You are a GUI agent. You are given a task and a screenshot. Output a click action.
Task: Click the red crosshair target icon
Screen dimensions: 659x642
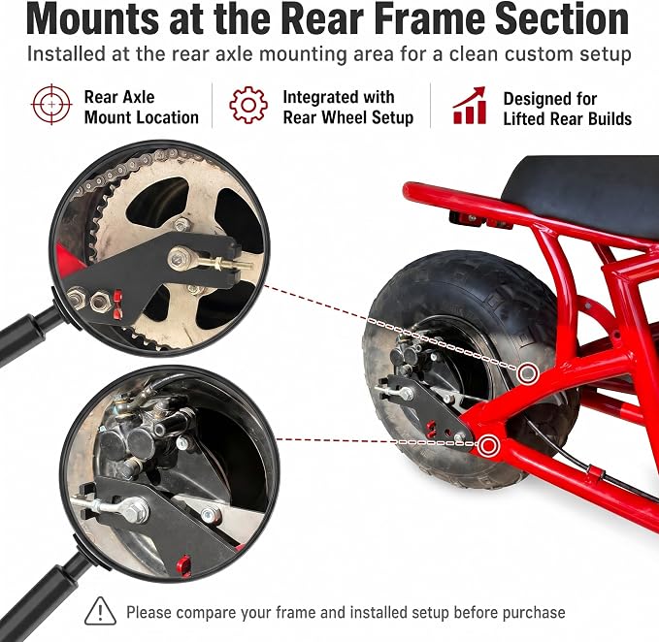(x=51, y=104)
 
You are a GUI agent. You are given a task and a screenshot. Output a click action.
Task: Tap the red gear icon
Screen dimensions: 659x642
(x=248, y=105)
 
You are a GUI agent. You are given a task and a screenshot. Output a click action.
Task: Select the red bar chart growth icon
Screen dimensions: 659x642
(x=470, y=106)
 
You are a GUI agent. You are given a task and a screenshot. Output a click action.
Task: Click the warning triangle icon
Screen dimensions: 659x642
(x=100, y=611)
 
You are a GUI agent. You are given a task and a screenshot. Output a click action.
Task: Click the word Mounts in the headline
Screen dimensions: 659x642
(x=92, y=19)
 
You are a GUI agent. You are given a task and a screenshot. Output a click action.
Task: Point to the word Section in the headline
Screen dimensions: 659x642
(x=562, y=19)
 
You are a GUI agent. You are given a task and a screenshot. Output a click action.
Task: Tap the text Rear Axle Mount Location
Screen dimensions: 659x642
(x=142, y=108)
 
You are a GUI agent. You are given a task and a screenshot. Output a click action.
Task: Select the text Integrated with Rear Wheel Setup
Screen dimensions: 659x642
(x=348, y=108)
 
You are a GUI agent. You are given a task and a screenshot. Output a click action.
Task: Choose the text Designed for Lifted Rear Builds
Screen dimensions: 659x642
(x=568, y=110)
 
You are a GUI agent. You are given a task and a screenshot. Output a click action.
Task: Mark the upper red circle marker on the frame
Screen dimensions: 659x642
(x=528, y=372)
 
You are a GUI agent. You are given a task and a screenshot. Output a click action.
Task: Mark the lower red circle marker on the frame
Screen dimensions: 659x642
(x=489, y=445)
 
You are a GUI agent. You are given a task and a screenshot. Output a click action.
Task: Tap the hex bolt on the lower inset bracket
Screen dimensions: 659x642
(x=135, y=510)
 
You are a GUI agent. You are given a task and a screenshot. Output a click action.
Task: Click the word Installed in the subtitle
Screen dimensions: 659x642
(x=66, y=54)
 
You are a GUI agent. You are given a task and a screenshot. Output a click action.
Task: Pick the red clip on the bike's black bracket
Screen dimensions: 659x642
(x=432, y=429)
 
